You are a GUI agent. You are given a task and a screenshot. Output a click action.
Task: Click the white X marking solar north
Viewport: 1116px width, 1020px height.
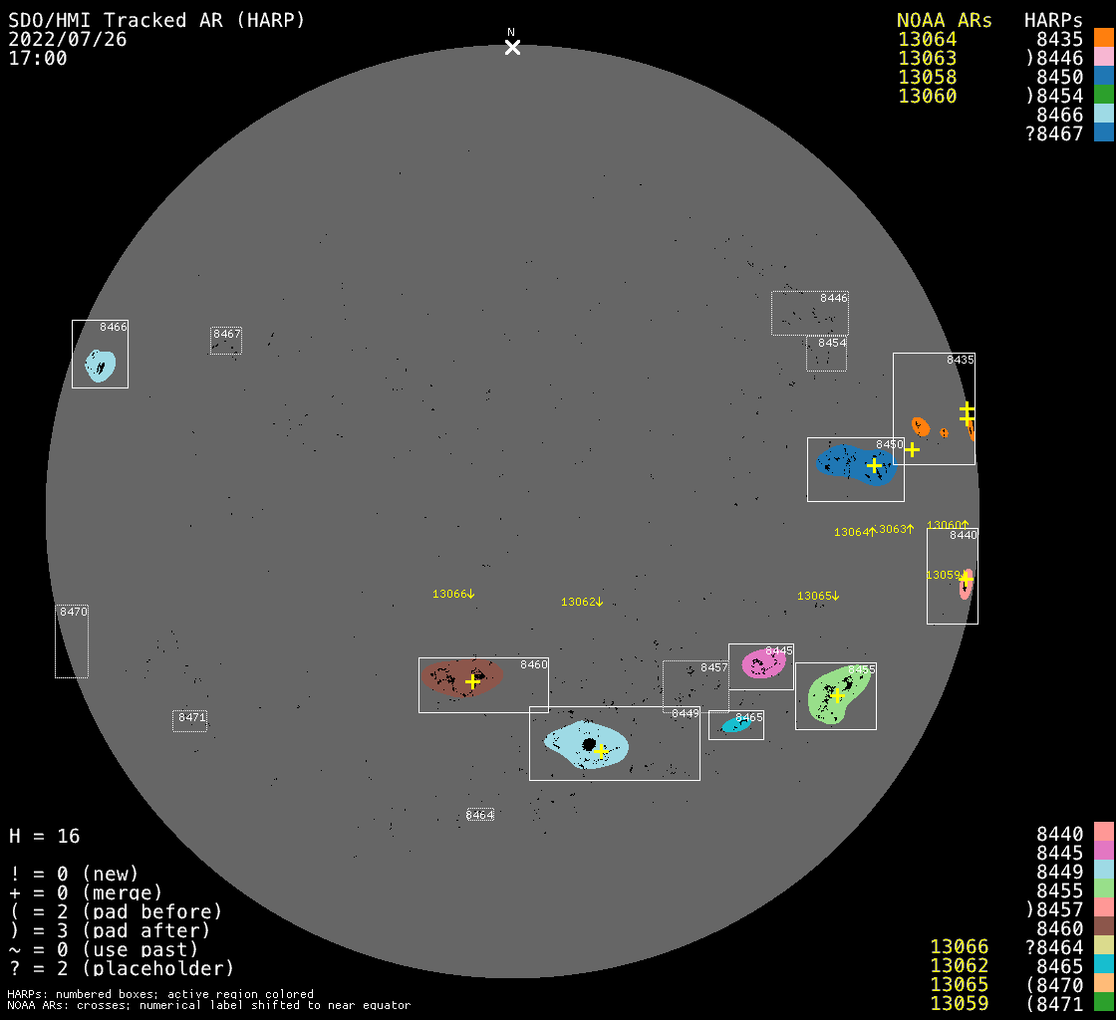(512, 47)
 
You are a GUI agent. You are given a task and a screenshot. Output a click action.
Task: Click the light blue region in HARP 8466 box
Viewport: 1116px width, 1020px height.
(100, 366)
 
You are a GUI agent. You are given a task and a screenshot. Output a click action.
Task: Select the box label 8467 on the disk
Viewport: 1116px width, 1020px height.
(227, 335)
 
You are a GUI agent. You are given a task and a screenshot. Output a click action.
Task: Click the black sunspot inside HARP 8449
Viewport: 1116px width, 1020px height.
(589, 744)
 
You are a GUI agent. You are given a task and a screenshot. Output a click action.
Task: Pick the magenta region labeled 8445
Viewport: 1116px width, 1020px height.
(762, 663)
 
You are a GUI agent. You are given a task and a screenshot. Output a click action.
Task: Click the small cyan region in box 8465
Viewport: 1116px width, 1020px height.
(735, 726)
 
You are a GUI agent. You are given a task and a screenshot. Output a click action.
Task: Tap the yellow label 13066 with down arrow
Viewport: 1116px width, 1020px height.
(453, 594)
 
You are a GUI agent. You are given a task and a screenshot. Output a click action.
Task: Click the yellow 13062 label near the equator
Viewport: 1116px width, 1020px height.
(582, 602)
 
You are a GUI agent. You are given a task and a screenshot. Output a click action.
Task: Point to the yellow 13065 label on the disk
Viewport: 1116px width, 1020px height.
(818, 596)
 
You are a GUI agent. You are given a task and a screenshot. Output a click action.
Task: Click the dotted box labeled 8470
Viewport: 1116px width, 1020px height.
(72, 642)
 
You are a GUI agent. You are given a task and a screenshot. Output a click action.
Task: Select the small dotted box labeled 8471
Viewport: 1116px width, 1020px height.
(189, 721)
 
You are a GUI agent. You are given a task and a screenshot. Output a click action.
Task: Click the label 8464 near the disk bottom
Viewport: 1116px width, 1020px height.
(480, 815)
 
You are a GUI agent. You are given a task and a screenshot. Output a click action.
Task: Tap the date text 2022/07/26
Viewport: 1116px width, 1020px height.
(67, 39)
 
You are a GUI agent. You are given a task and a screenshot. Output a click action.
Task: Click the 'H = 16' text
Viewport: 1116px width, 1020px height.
(44, 836)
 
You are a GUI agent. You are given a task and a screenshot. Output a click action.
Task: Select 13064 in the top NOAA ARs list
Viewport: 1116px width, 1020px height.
(927, 40)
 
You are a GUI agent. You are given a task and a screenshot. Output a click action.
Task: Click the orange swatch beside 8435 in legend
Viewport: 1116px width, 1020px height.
(1103, 38)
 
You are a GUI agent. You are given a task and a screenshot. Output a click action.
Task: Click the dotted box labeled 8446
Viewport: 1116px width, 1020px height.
(809, 313)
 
